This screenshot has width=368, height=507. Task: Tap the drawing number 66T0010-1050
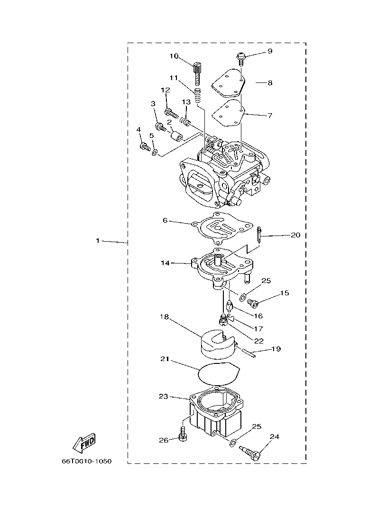[86, 461]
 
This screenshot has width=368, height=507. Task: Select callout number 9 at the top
[270, 51]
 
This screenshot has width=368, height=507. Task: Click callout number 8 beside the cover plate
[270, 82]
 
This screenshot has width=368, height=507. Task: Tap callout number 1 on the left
[98, 241]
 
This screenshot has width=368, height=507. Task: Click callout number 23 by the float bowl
[163, 396]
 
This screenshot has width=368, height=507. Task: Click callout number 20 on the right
[295, 235]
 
